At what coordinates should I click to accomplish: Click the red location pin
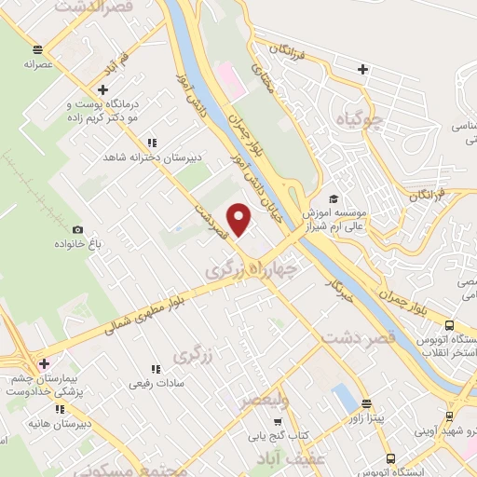point(240,219)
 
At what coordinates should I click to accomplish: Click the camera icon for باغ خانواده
point(78,229)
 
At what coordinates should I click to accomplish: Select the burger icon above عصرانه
point(36,49)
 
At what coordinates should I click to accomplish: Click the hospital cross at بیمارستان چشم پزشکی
point(42,362)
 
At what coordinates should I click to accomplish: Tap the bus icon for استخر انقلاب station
point(451,326)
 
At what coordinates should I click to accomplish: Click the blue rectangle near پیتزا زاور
point(344,401)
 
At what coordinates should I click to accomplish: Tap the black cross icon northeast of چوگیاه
point(362,68)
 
